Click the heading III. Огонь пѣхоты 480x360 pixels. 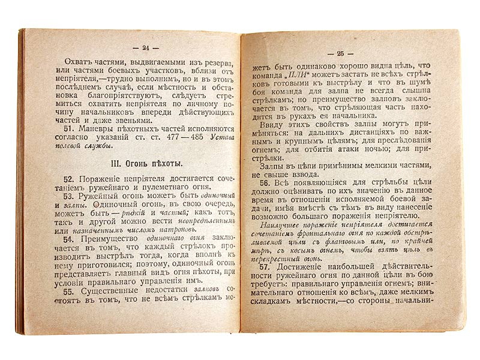click(140, 164)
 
